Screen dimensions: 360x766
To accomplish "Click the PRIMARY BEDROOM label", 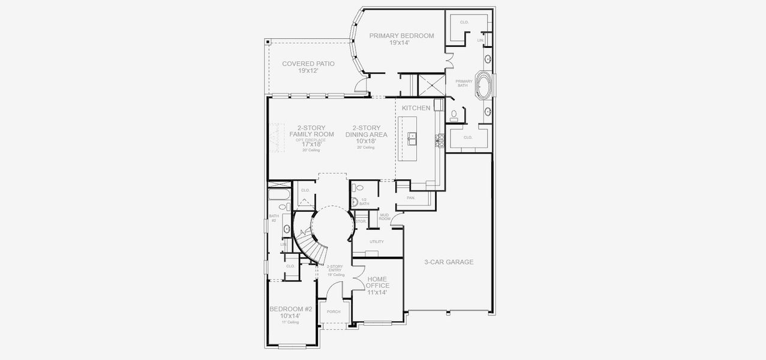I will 401,36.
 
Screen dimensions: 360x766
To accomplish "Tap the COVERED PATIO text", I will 308,64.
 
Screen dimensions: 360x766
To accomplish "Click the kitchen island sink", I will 413,139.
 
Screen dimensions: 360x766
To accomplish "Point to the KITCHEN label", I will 416,108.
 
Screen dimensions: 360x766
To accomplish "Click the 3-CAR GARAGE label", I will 449,262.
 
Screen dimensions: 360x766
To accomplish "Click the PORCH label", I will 333,312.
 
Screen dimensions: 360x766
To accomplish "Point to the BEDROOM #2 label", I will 290,309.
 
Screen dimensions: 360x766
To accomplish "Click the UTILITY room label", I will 376,242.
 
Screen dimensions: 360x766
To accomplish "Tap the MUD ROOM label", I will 385,217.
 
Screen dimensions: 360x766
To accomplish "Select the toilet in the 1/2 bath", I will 354,202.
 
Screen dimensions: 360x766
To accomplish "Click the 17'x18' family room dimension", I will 311,144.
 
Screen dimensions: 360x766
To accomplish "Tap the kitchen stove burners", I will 441,140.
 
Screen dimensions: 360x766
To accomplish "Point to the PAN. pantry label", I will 411,197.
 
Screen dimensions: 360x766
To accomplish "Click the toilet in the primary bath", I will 454,113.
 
